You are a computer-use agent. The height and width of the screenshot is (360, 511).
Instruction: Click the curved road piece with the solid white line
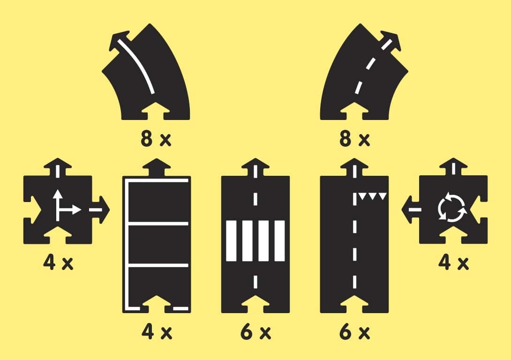click(145, 80)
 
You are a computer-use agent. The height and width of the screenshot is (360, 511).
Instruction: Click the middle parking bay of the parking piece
click(157, 245)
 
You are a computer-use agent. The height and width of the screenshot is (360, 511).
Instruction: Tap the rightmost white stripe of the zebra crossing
click(279, 240)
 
